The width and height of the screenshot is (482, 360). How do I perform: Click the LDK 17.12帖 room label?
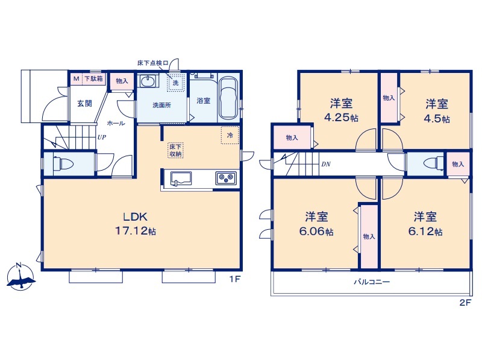[136, 224]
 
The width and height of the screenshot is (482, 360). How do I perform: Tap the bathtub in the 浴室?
[228, 98]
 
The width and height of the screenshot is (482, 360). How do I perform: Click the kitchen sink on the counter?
[181, 178]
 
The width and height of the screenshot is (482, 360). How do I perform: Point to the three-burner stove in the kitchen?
[226, 178]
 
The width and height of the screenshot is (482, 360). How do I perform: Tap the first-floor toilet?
[63, 163]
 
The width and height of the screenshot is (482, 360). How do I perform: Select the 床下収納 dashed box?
[176, 150]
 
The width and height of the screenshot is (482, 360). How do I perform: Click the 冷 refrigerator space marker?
[230, 135]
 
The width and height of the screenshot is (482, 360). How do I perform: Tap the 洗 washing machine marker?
[175, 83]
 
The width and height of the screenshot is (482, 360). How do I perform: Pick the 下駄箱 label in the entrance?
[93, 78]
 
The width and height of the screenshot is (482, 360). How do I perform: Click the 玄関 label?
[84, 103]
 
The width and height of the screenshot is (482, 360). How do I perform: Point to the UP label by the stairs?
[102, 137]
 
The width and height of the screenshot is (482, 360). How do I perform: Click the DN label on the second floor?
[326, 164]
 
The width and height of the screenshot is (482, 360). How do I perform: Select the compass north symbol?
[20, 276]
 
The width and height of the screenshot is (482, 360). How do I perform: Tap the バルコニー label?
[372, 282]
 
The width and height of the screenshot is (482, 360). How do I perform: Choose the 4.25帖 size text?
[341, 118]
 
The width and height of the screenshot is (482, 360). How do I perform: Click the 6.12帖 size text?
[425, 232]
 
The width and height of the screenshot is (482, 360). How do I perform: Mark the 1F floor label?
[234, 279]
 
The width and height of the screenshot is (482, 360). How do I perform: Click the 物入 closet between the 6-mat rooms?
[369, 236]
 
